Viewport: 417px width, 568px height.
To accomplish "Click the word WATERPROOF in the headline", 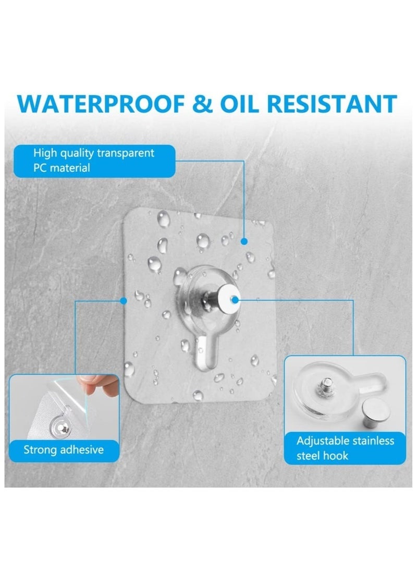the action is pos(102,104).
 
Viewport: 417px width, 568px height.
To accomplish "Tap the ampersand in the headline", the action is pos(203,104).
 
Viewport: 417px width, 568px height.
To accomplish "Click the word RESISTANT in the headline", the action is pos(332,104).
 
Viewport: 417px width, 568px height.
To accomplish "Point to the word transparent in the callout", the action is pos(126,153).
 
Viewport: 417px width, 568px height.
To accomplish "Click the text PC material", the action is pos(62,168).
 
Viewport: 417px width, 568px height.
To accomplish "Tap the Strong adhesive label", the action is pos(64,449).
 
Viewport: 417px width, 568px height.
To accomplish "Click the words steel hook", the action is pos(322,456).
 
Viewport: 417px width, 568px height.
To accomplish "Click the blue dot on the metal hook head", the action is pos(235,300).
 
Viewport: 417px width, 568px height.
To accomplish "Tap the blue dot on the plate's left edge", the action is pos(124,301).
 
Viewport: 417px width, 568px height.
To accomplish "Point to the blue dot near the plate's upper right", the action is pos(244,241).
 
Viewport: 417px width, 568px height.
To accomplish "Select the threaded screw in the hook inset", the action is pos(325,386).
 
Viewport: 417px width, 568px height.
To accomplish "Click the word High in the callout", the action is pos(45,153).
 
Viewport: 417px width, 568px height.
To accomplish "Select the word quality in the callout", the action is pos(77,154).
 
